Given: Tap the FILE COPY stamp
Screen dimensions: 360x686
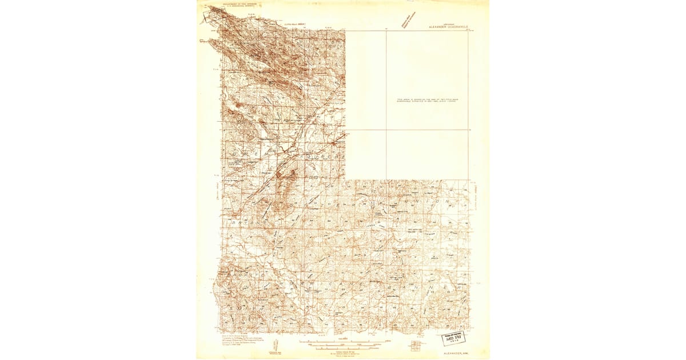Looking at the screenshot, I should click(453, 338).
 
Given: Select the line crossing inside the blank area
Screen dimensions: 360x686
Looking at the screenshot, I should click(386, 129).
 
